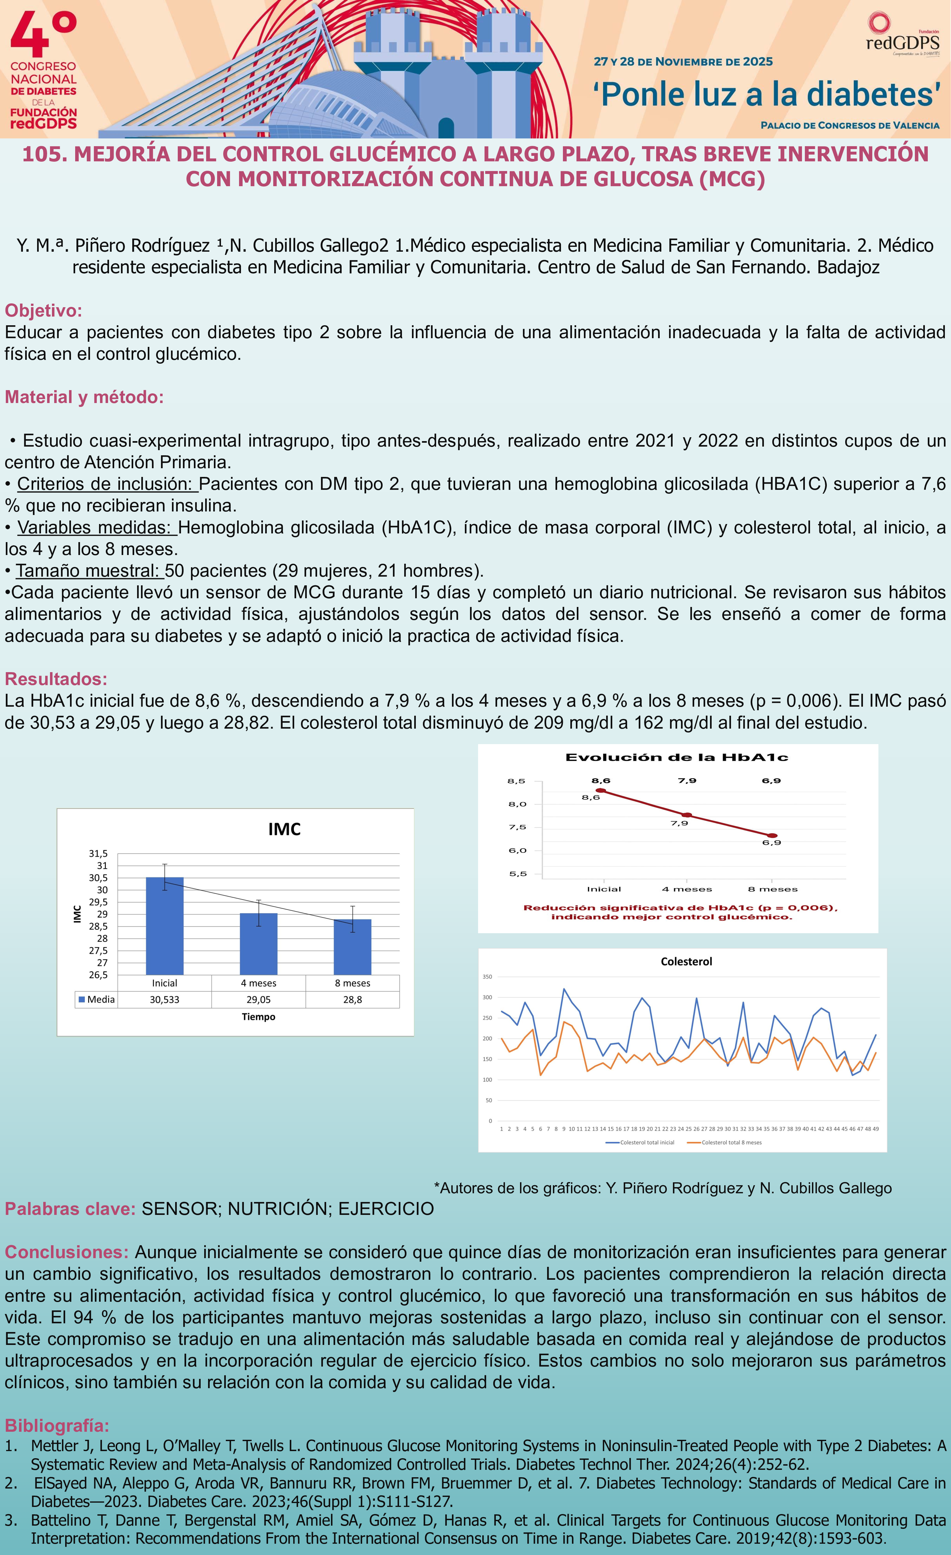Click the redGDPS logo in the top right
[x=902, y=36]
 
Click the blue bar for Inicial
[x=165, y=926]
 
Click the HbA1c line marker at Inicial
[x=601, y=791]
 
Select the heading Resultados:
[x=55, y=679]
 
